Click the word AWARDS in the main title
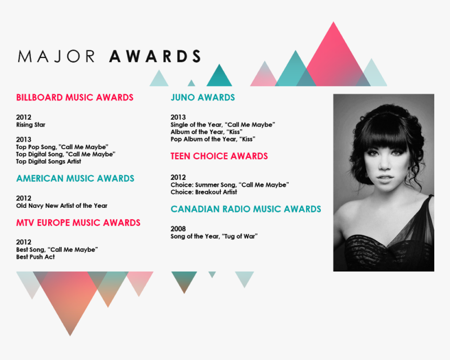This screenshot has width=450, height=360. click(155, 57)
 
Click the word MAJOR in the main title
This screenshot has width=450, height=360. click(57, 57)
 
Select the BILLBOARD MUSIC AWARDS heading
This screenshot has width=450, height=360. click(75, 98)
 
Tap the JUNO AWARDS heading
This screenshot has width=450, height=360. click(203, 98)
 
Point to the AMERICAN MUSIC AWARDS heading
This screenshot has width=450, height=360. click(75, 178)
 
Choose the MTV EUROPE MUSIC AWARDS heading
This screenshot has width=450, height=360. click(78, 223)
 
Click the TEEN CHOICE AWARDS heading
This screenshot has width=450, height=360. click(219, 156)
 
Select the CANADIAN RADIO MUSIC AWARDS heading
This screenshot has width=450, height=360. click(245, 209)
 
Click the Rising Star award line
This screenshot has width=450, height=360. click(31, 125)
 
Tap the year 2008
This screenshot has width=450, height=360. click(178, 229)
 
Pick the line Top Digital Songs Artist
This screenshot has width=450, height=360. click(49, 162)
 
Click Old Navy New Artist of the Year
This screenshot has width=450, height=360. click(62, 206)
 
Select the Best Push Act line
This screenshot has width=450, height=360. click(35, 257)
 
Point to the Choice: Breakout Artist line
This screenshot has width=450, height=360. click(204, 192)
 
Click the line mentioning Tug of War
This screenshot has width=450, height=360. click(214, 237)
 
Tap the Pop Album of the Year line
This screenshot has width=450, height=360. click(213, 139)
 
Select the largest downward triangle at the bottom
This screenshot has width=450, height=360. click(70, 296)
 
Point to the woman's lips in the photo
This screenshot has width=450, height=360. click(384, 179)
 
